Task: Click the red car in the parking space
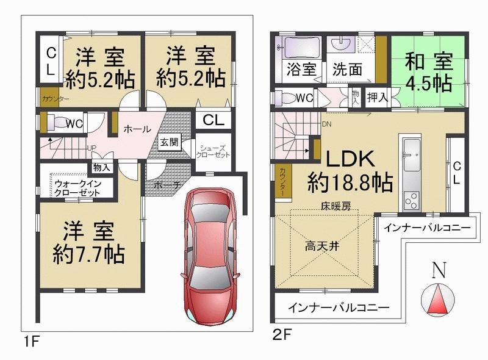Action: [x=210, y=256]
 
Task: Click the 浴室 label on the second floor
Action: [x=301, y=70]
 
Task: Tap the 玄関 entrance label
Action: [x=169, y=142]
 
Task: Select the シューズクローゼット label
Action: [x=213, y=151]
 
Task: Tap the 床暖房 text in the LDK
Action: [x=336, y=206]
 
